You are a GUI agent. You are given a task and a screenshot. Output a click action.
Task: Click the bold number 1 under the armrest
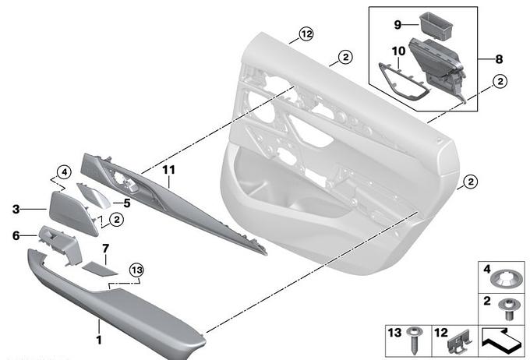(x=99, y=340)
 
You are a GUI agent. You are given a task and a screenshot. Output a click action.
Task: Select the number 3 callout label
(x=16, y=210)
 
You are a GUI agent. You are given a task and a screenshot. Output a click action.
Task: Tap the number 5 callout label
(x=127, y=203)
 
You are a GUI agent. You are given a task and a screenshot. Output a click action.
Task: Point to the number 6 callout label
(x=16, y=235)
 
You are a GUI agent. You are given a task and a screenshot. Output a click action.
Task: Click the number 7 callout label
(x=105, y=249)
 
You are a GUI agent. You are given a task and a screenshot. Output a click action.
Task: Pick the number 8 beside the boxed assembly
(x=500, y=59)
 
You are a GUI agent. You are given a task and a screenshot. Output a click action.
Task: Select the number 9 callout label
(x=397, y=25)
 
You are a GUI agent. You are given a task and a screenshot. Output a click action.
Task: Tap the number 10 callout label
(x=398, y=51)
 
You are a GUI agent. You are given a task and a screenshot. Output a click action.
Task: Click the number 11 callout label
(x=168, y=169)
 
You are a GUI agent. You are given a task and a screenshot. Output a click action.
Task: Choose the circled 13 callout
(x=136, y=270)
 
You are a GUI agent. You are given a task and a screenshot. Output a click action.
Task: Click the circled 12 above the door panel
(x=306, y=34)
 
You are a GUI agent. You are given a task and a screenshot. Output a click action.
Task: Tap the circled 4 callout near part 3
(x=64, y=172)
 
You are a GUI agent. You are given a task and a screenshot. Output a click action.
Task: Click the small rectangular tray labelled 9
(x=436, y=26)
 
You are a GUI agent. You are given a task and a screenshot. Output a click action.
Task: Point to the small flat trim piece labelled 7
(x=100, y=268)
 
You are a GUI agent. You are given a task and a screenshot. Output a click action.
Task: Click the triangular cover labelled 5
(x=94, y=196)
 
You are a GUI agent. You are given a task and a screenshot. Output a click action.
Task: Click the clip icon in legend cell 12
(x=459, y=342)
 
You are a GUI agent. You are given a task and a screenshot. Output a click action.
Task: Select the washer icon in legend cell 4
(x=504, y=280)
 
